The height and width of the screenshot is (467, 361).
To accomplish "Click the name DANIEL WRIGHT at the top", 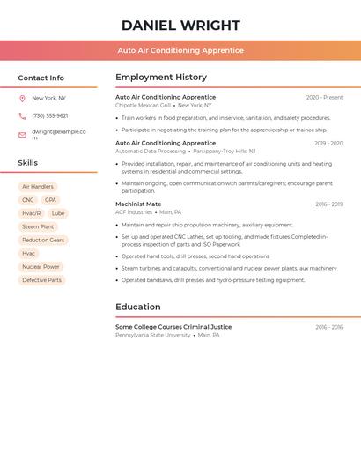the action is coord(180,26).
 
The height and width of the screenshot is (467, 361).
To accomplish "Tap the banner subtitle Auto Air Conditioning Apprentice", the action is coord(180,50).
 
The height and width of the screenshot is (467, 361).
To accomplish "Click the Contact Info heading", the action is coord(41,78).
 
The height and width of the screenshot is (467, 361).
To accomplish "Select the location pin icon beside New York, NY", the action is coord(22,99).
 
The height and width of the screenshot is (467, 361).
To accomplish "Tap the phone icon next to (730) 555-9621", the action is coord(22,116).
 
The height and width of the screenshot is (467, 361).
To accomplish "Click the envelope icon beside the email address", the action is coord(22,135).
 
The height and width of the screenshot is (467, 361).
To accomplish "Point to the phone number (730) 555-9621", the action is coord(50,116).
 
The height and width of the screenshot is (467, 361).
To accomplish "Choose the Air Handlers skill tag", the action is coord(38,187).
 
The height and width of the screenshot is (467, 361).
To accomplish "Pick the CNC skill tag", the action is coord(28,200).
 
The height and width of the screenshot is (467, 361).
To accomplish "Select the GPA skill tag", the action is coord(50,200).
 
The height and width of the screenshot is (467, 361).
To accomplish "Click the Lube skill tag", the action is coord(58,213).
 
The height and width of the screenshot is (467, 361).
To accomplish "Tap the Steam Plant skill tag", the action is coord(38,226).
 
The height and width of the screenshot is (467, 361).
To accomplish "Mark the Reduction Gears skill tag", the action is coord(43,240).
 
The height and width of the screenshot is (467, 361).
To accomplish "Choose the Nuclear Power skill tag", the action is coord(41,267).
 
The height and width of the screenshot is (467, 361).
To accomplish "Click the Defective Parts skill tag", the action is coord(41,280).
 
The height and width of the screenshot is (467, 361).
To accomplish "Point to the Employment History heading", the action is coord(161,78).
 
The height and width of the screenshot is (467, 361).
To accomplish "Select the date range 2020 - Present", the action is coord(324,98).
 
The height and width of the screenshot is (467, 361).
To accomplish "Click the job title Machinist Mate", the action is coord(138,204).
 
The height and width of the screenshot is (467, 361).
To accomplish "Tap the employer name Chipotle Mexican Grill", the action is coord(144,106).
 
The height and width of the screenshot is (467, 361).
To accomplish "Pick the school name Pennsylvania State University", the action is coord(152,336).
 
